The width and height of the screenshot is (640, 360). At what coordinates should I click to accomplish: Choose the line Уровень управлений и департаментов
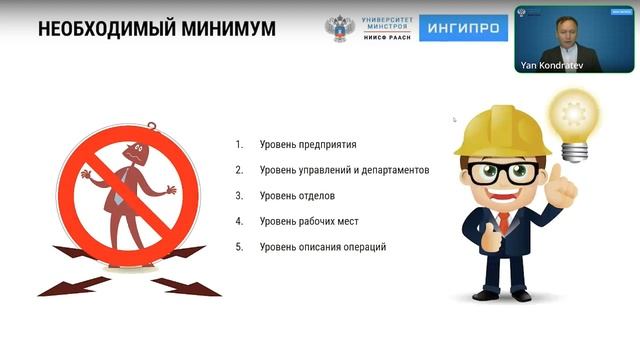[344, 170]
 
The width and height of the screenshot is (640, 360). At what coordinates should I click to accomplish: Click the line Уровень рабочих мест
[308, 221]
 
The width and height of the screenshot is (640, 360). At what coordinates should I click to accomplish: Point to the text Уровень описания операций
[322, 246]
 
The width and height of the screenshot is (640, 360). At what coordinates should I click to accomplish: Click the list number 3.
[239, 195]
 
